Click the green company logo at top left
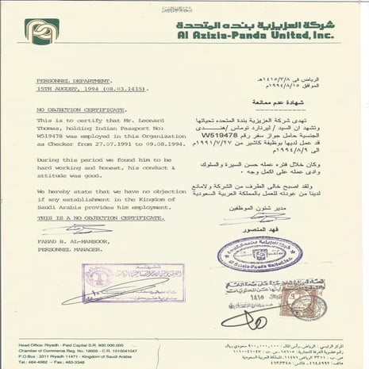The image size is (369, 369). coord(41,31)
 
